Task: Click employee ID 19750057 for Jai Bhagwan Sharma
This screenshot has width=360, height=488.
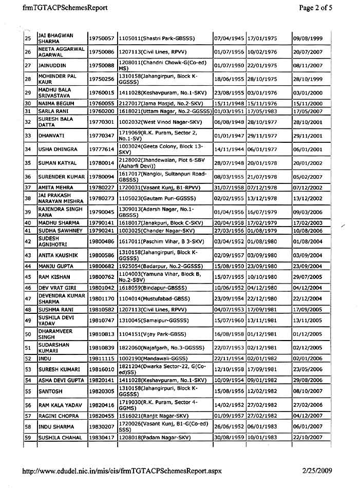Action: click(101, 39)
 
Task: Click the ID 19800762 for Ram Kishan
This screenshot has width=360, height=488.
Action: click(101, 277)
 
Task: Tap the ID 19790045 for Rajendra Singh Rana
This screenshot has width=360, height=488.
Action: click(101, 212)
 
